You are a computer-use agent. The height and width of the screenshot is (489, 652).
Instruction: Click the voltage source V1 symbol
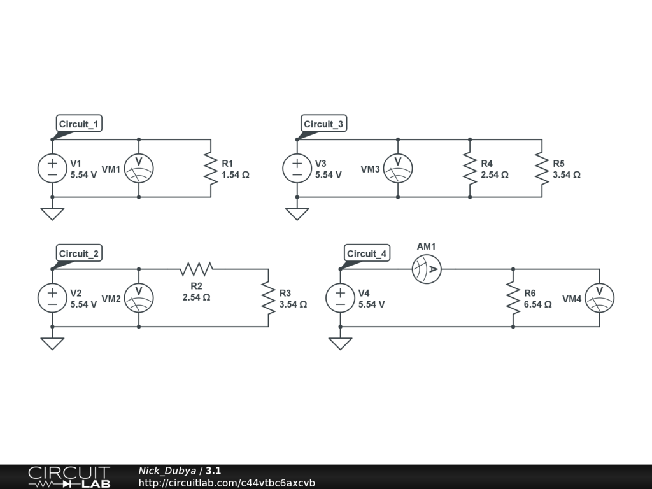tap(52, 169)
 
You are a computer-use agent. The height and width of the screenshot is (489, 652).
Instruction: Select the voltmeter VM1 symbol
tap(139, 169)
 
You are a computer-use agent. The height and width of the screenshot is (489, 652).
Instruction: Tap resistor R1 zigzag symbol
tap(211, 169)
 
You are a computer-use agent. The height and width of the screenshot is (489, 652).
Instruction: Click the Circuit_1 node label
tap(79, 124)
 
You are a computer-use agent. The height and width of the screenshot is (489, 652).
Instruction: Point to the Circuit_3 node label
tap(323, 124)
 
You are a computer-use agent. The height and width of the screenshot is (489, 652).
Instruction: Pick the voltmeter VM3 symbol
tap(398, 169)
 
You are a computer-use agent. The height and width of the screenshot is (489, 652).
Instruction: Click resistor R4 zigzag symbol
tap(470, 169)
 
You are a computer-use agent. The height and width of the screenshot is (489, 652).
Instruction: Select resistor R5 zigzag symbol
tap(542, 169)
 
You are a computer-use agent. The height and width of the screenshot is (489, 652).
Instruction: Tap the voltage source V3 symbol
tap(297, 169)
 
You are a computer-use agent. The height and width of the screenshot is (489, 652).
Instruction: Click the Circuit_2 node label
tap(79, 253)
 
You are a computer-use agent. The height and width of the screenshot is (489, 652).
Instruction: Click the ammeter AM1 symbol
tap(427, 269)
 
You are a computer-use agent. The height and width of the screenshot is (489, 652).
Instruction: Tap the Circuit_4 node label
tap(367, 253)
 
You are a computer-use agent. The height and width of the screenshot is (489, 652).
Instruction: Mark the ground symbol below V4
tap(340, 343)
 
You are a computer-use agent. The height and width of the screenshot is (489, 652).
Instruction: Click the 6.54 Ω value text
tap(537, 304)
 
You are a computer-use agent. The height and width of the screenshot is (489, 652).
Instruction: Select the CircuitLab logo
tap(69, 477)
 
